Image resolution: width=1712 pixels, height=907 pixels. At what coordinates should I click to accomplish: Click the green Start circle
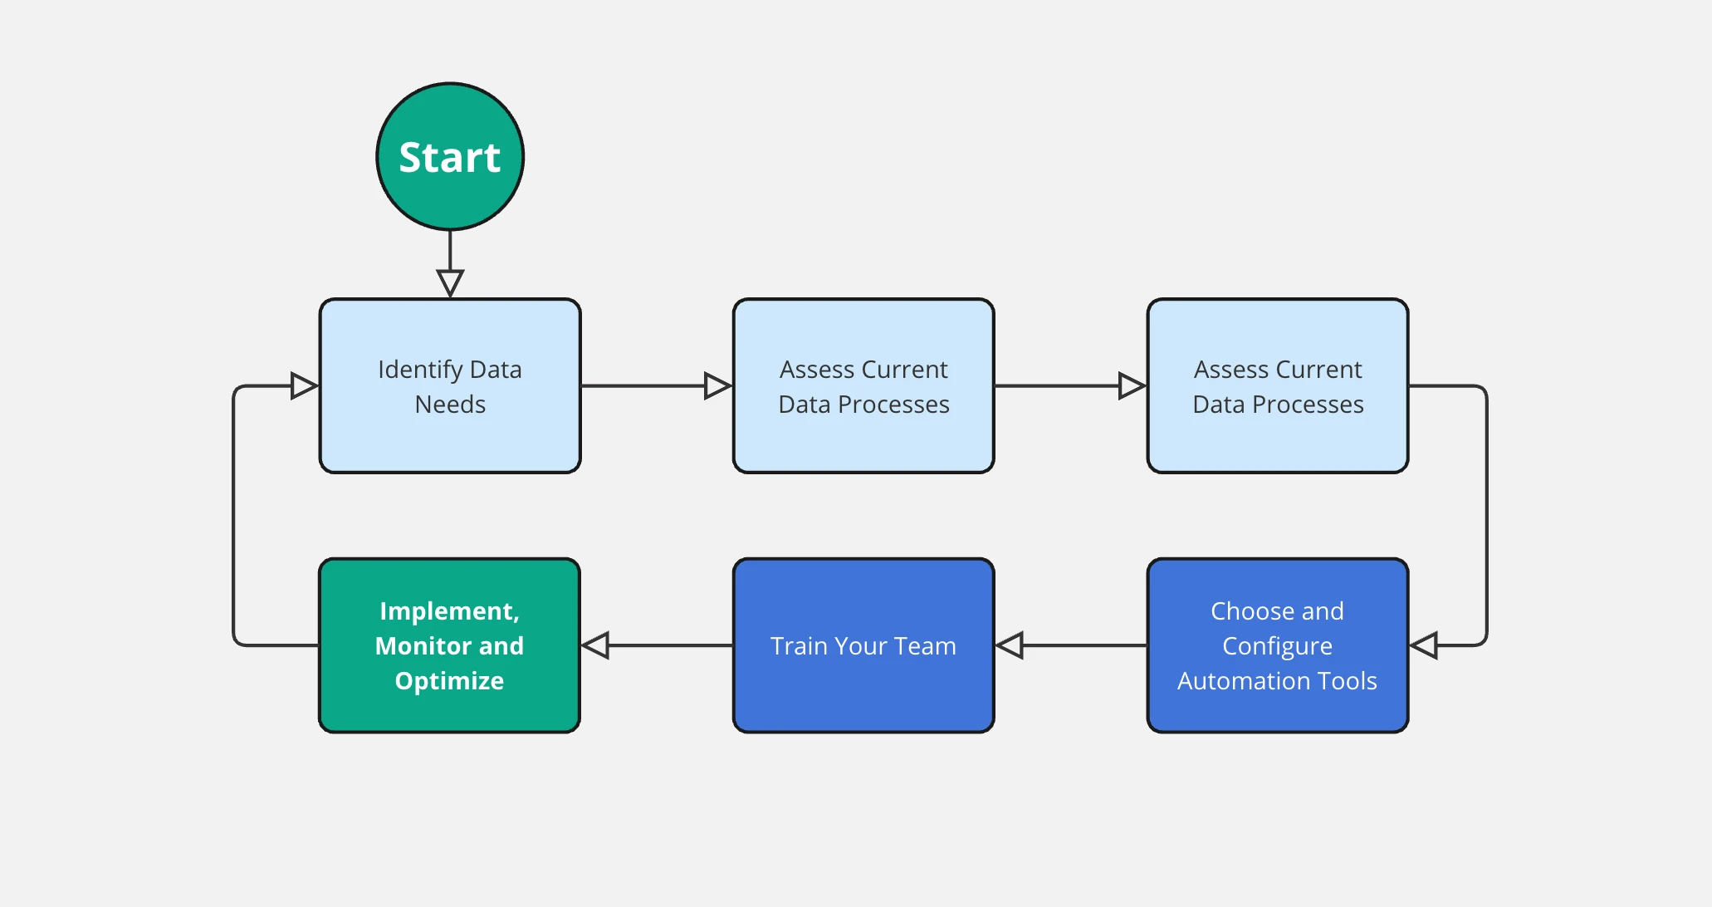coord(450,156)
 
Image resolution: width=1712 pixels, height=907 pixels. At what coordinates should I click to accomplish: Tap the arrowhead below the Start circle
coord(450,283)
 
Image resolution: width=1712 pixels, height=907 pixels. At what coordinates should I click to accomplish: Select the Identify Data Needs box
coord(450,386)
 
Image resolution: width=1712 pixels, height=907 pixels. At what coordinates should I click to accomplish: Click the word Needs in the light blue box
coord(450,404)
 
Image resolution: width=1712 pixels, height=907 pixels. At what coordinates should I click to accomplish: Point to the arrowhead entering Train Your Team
coord(1009,645)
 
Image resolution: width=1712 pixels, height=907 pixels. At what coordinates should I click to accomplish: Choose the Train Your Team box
coord(863,645)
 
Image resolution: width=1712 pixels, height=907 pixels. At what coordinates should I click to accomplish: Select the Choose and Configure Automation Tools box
coord(1278,645)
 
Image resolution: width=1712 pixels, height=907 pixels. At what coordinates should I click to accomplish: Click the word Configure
coord(1278,646)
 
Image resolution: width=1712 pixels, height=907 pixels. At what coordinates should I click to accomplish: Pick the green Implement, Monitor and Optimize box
coord(450,645)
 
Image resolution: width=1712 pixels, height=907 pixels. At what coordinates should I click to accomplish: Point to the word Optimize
coord(450,681)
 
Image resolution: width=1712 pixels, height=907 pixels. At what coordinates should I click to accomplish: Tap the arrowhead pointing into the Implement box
coord(594,645)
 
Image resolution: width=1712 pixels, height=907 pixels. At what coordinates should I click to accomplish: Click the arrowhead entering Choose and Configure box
coord(1423,645)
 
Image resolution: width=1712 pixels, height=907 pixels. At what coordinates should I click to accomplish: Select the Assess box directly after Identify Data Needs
coord(863,386)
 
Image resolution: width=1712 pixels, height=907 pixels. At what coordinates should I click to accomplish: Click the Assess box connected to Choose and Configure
coord(1278,386)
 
